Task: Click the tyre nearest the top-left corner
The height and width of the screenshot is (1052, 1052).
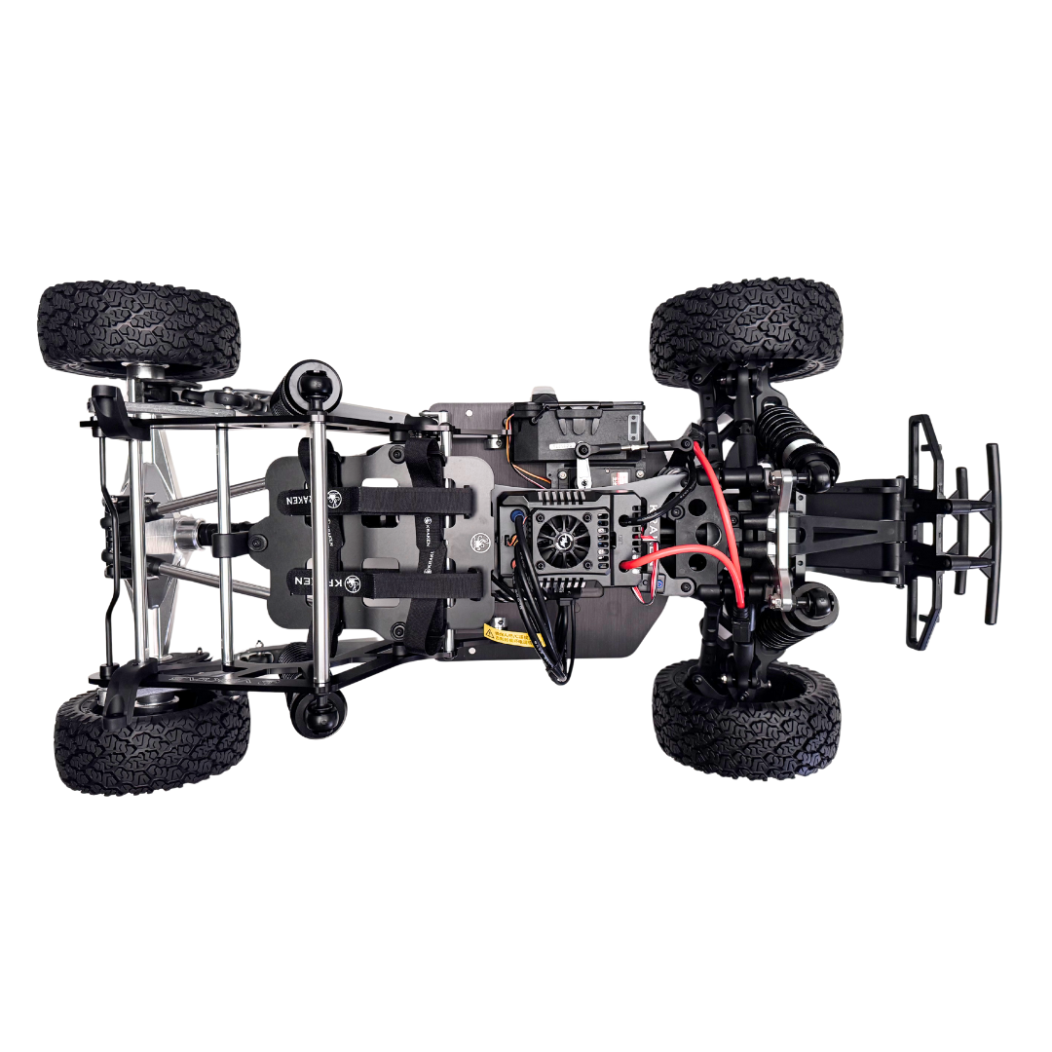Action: click(x=138, y=328)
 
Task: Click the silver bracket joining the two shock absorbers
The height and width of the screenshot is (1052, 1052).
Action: click(x=782, y=542)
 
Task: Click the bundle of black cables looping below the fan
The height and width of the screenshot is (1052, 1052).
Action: click(x=555, y=643)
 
